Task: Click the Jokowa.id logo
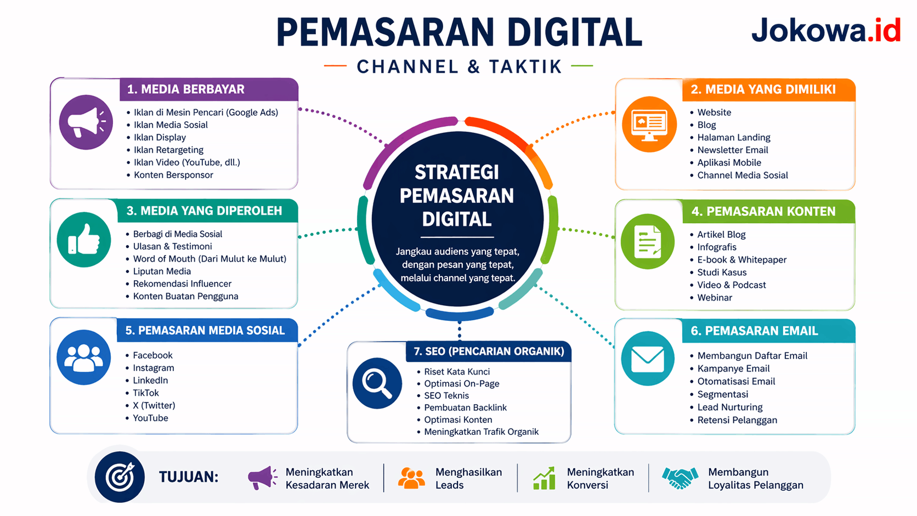[x=825, y=30]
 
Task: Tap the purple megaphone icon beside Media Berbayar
[x=86, y=122]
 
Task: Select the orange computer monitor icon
[x=649, y=124]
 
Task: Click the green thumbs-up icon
[x=84, y=240]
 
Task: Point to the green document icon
[x=648, y=241]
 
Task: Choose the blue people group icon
[x=83, y=358]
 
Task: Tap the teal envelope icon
[x=648, y=359]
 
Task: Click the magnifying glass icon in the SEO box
[x=377, y=383]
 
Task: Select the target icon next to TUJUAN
[x=120, y=477]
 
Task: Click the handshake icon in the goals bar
[x=680, y=478]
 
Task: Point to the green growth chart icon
[x=544, y=478]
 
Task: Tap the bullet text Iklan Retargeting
[x=168, y=150]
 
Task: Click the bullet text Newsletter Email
[x=732, y=150]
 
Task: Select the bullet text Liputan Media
[x=162, y=271]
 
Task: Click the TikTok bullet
[x=146, y=393]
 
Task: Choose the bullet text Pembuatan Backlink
[x=465, y=407]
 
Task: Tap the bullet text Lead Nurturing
[x=729, y=407]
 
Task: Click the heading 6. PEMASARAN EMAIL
[x=754, y=331]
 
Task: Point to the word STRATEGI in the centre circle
[x=457, y=172]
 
